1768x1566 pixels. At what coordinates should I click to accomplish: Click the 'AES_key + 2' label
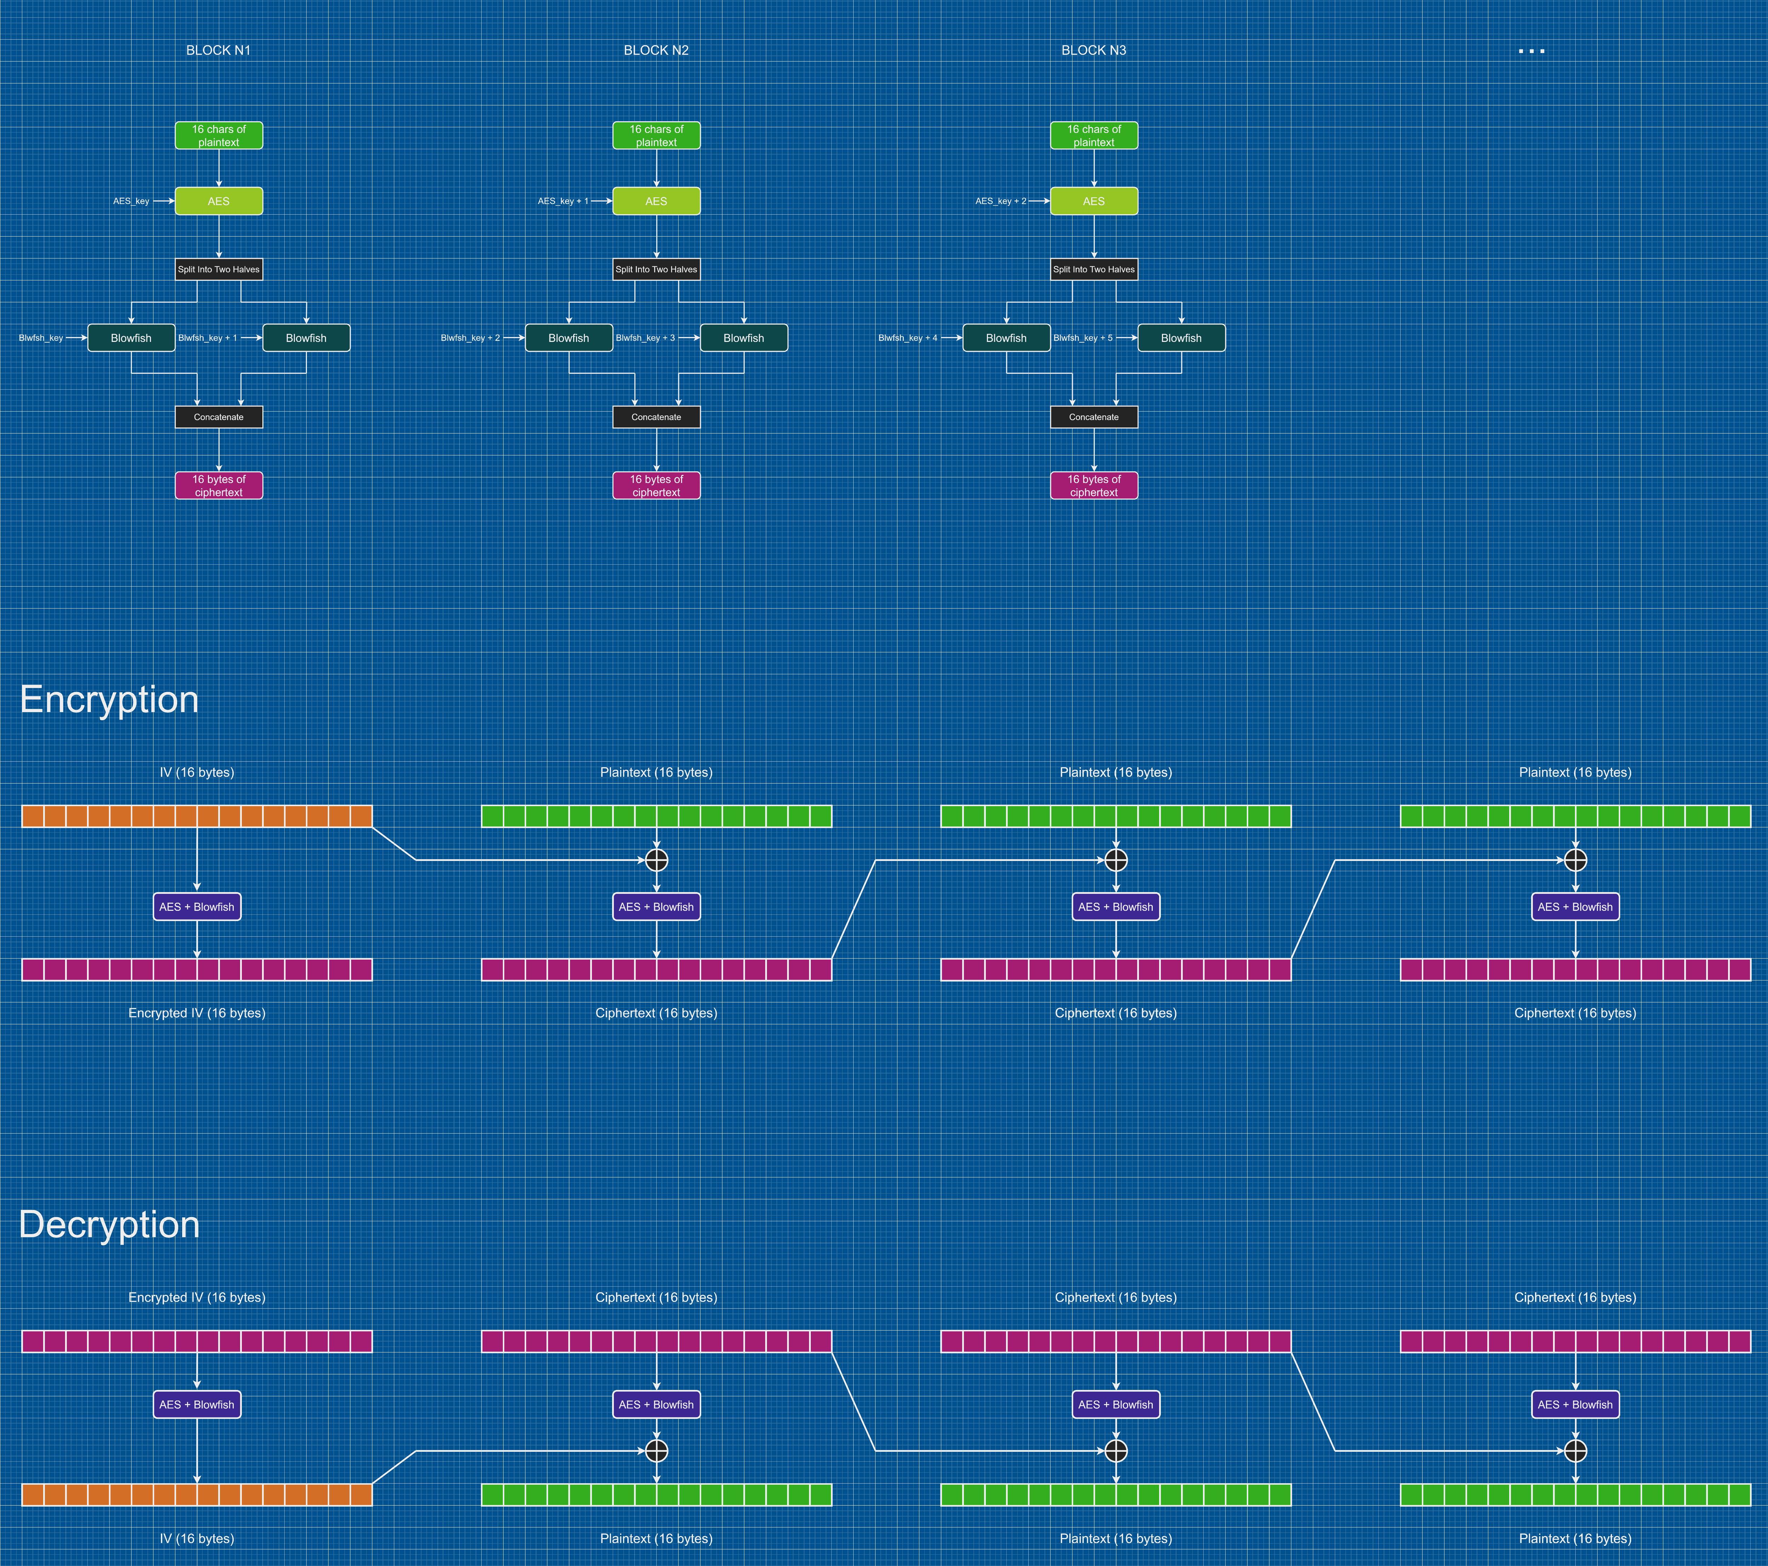(x=1001, y=200)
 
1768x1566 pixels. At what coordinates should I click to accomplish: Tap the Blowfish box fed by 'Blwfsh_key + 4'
(x=1006, y=338)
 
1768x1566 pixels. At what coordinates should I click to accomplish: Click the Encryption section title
(x=109, y=699)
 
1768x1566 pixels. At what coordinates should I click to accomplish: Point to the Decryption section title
(x=109, y=1224)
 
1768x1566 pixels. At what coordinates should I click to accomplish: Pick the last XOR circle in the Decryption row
(x=1575, y=1451)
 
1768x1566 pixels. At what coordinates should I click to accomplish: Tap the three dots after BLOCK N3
(x=1531, y=51)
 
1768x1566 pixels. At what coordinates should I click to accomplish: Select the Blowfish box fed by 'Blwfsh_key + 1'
(x=306, y=338)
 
